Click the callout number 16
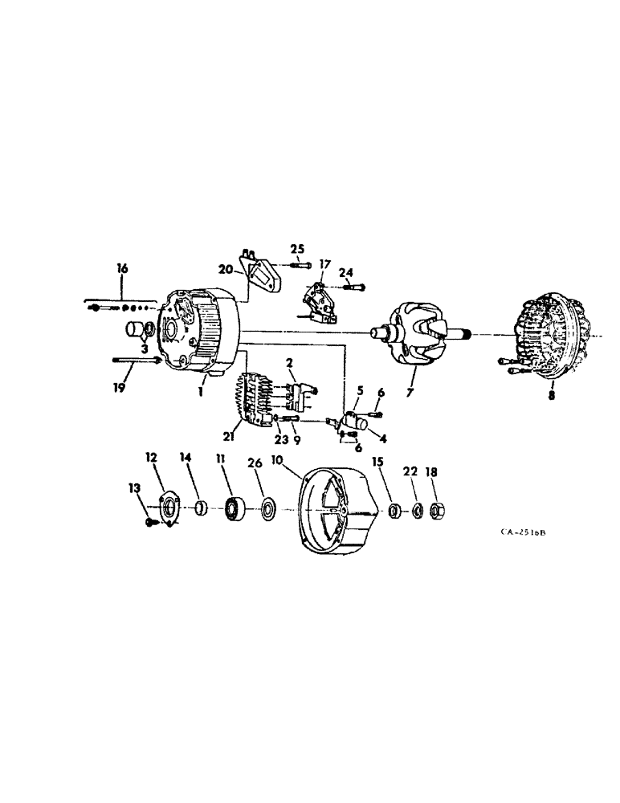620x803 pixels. click(122, 269)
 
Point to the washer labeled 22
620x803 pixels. click(417, 510)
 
